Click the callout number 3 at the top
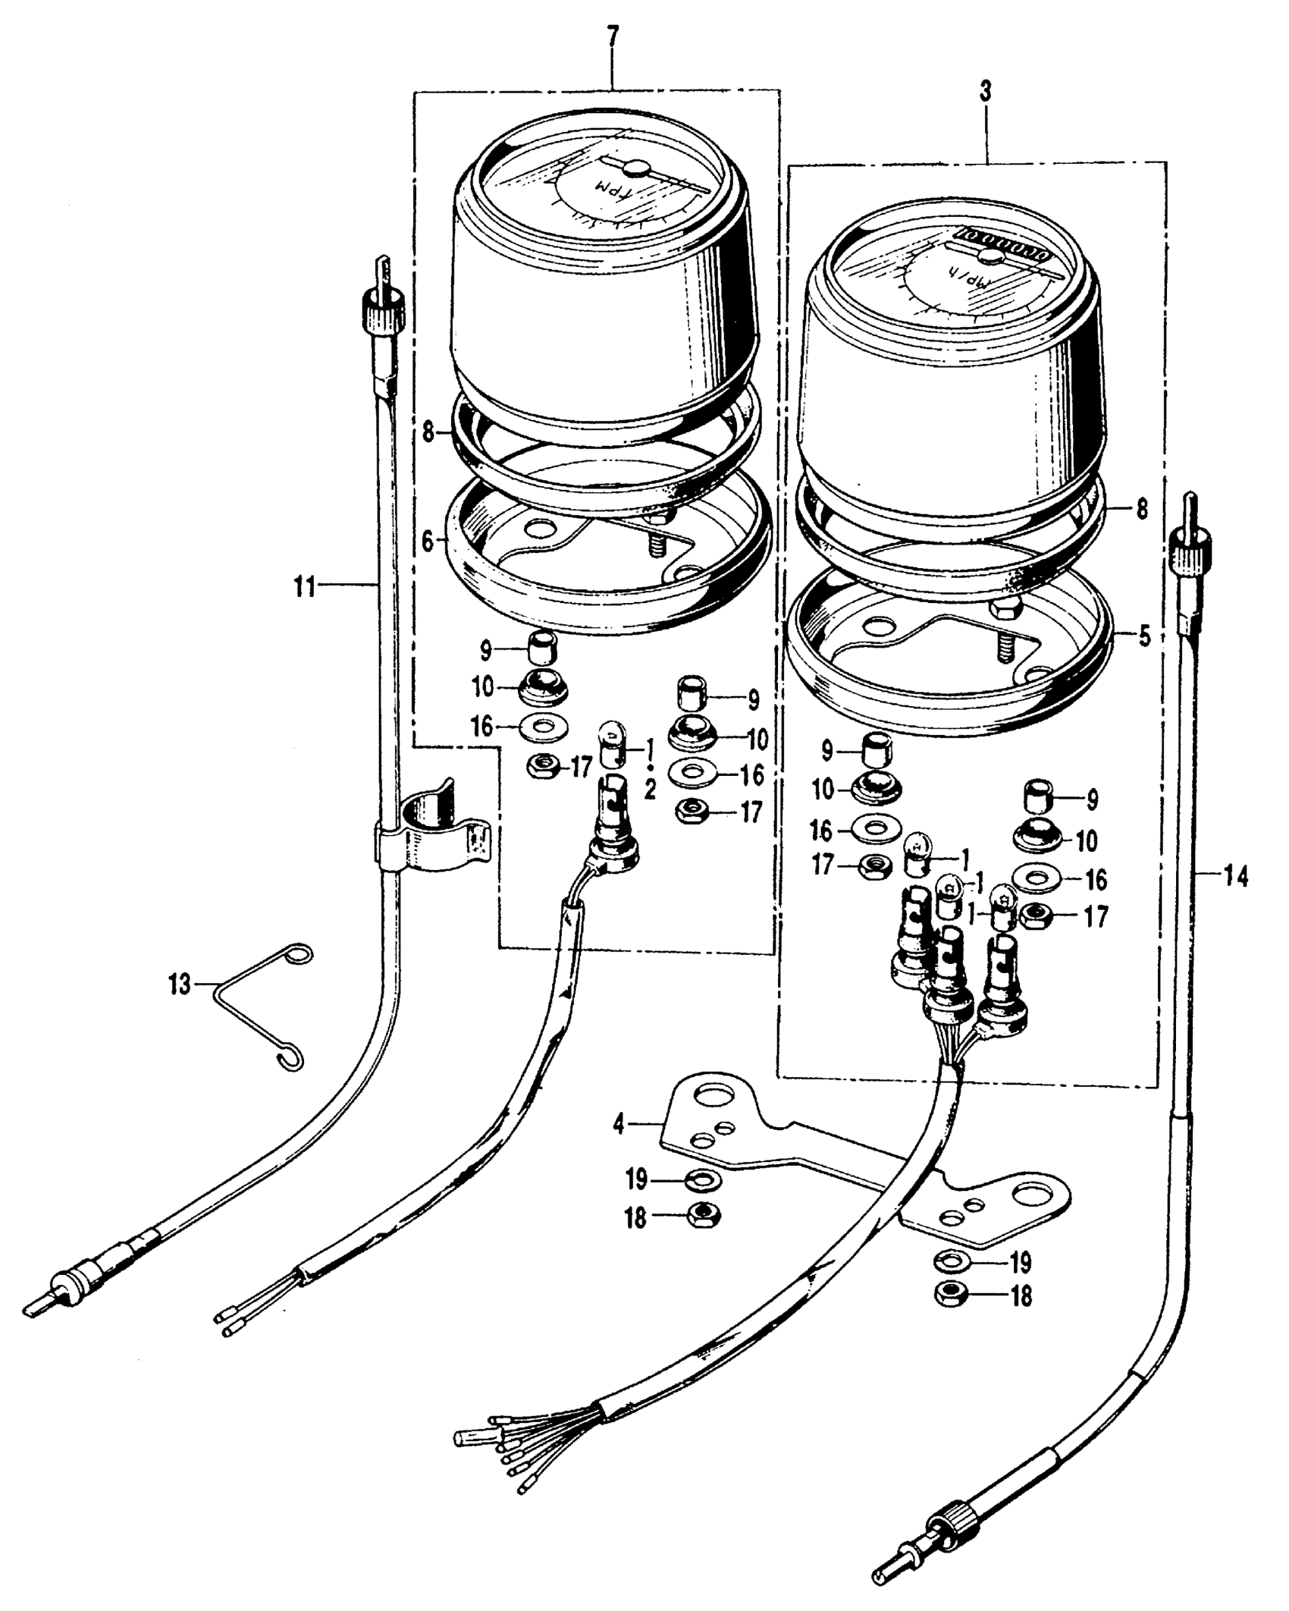[985, 93]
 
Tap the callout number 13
[180, 987]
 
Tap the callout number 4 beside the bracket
[619, 1124]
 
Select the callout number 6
[428, 542]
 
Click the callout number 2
[650, 791]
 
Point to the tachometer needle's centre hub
[635, 168]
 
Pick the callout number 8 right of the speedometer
[1143, 508]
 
